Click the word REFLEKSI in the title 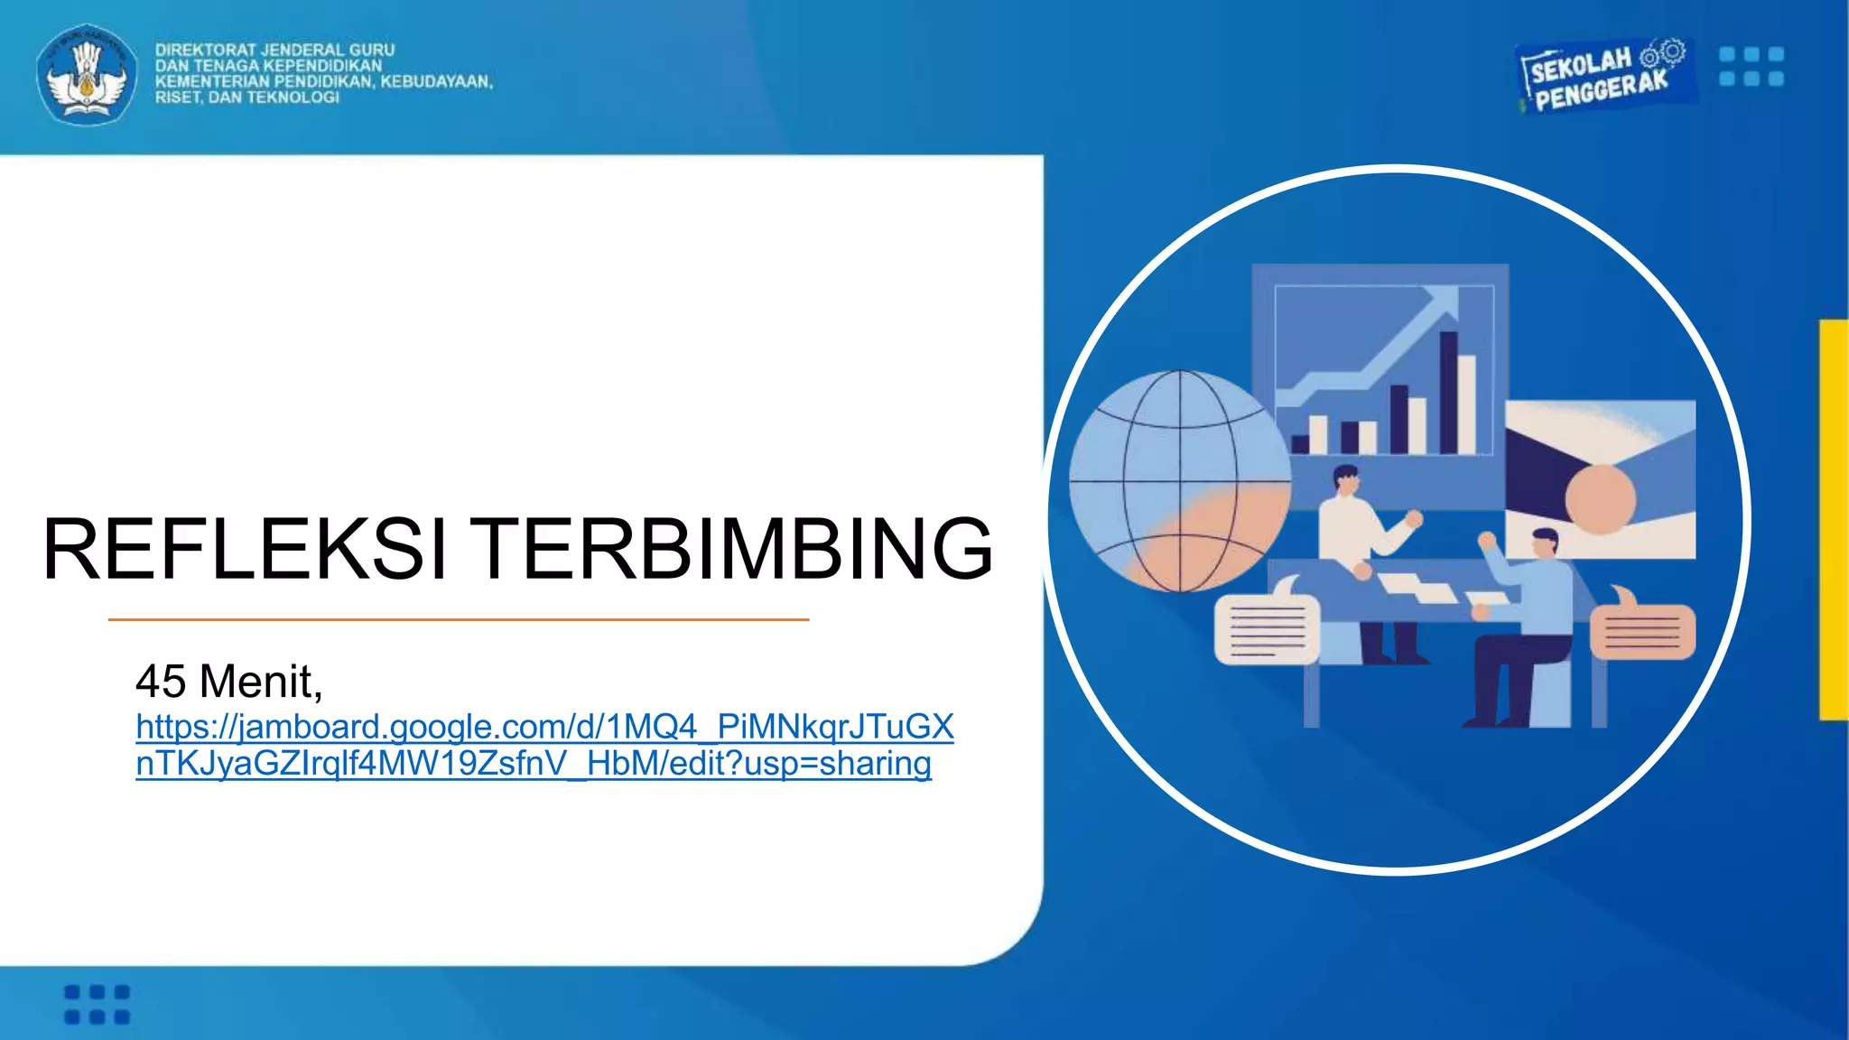(245, 548)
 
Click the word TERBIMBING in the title (734, 548)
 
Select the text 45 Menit (228, 681)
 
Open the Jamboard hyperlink (544, 745)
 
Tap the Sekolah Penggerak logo (1603, 78)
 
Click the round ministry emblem (87, 75)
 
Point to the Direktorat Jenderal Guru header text (323, 73)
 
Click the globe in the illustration (1179, 481)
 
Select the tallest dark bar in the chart (1448, 393)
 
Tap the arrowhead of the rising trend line (1444, 301)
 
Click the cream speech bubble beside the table (1267, 629)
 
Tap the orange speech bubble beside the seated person (1641, 629)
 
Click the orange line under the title (459, 619)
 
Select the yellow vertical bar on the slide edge (1834, 519)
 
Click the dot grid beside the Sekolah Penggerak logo (1751, 67)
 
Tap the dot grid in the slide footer (98, 1005)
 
